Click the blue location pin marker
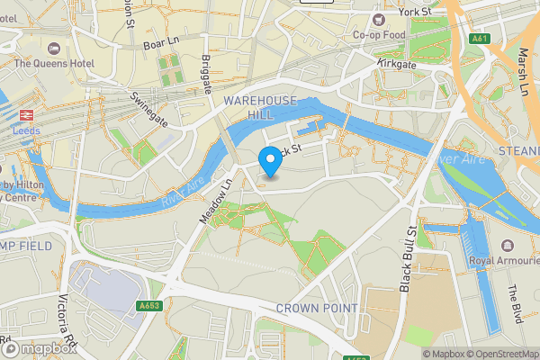pos(269,162)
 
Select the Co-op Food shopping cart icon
pos(379,17)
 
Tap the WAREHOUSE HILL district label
pos(260,108)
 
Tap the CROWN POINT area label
pos(316,308)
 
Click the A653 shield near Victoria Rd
pos(149,306)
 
